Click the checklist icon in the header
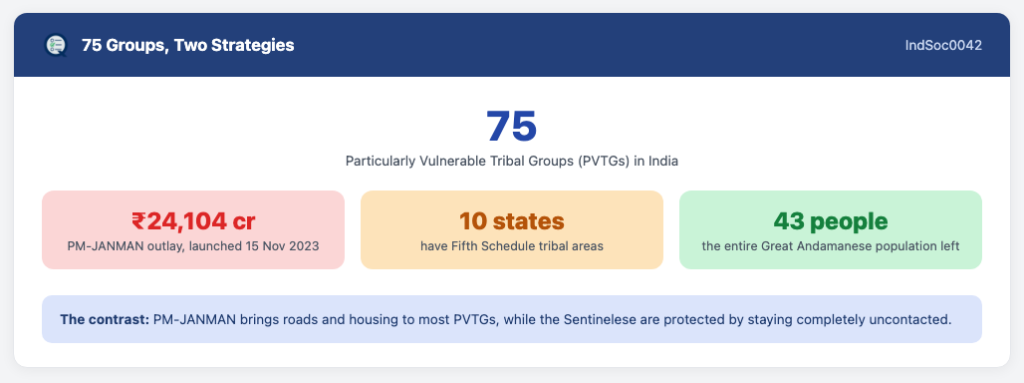[56, 45]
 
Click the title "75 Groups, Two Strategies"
[188, 46]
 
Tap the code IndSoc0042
[943, 46]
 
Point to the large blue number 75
[511, 126]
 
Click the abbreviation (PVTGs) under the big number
[604, 162]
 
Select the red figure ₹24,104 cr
[193, 221]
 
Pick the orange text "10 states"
[511, 221]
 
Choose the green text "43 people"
[831, 221]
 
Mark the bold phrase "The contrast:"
[104, 320]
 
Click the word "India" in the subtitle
[662, 162]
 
